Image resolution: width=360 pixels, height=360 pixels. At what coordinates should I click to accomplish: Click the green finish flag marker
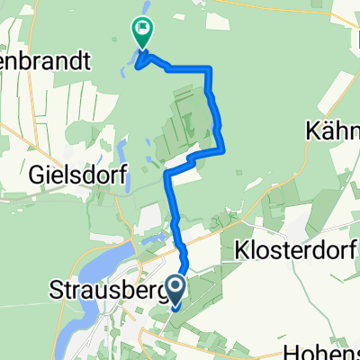(142, 31)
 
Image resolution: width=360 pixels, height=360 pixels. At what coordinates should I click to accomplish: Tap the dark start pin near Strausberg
(177, 290)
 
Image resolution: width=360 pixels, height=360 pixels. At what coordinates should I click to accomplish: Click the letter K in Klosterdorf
(239, 249)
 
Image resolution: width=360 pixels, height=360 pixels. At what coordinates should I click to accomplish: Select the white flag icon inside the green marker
(142, 29)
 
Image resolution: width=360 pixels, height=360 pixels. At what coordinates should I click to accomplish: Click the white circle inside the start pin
(177, 286)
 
